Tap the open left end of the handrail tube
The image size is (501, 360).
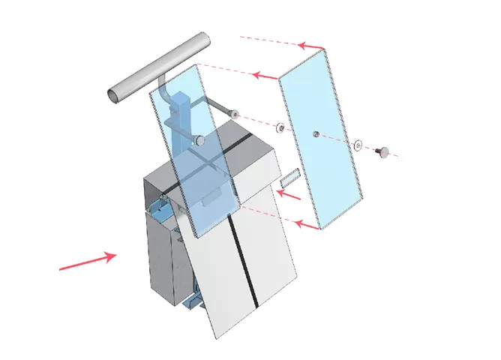tap(113, 94)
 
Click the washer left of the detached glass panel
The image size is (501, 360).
tap(279, 127)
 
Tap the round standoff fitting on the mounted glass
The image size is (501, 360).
tap(199, 140)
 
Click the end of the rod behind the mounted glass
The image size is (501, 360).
tap(235, 115)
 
